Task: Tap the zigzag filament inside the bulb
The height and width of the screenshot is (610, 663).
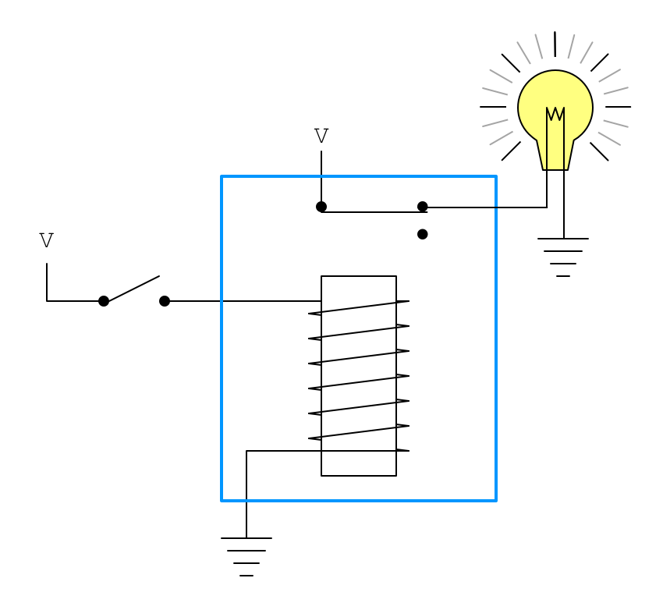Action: pos(555,114)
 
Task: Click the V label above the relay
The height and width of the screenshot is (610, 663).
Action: pos(321,137)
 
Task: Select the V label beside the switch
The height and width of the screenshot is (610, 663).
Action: pos(47,241)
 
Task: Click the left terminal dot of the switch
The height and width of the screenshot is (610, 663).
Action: pos(104,301)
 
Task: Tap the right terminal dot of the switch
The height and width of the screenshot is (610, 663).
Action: pos(165,301)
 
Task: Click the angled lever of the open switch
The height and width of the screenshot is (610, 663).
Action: pos(133,288)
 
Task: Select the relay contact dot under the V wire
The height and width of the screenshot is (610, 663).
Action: pos(321,207)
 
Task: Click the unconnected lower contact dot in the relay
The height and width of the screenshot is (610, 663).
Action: pos(423,234)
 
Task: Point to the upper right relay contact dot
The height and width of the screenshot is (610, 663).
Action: pos(423,207)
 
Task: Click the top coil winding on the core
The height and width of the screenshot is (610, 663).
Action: pos(359,307)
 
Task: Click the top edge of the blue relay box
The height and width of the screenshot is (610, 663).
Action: pos(359,176)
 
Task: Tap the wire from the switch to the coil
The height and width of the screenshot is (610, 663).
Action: pos(242,301)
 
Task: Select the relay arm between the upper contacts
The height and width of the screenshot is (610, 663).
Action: pos(373,211)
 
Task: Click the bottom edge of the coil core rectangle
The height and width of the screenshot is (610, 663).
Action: pos(359,476)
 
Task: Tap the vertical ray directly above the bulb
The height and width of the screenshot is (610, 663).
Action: pos(555,44)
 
